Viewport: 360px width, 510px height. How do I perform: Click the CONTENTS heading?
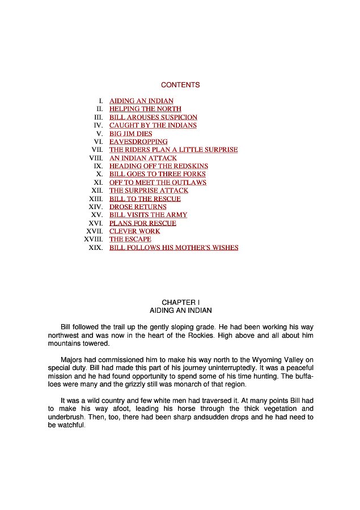180,85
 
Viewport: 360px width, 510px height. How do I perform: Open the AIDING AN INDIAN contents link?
141,101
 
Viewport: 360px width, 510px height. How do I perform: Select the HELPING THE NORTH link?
145,109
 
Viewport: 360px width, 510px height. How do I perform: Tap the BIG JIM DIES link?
130,134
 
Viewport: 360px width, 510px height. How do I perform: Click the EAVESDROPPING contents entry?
138,142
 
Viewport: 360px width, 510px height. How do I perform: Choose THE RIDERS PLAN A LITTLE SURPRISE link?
173,150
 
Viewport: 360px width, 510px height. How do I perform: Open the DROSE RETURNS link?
138,207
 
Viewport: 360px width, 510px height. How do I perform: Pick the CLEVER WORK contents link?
134,231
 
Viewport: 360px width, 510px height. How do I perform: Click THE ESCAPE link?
130,239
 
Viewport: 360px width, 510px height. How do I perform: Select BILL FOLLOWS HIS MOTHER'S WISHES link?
173,248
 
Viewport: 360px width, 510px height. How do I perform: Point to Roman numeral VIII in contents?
96,158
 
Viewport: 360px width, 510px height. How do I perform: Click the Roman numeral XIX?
96,248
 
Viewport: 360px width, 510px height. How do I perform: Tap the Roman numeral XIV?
96,207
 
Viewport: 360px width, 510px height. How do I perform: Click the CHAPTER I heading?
180,303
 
